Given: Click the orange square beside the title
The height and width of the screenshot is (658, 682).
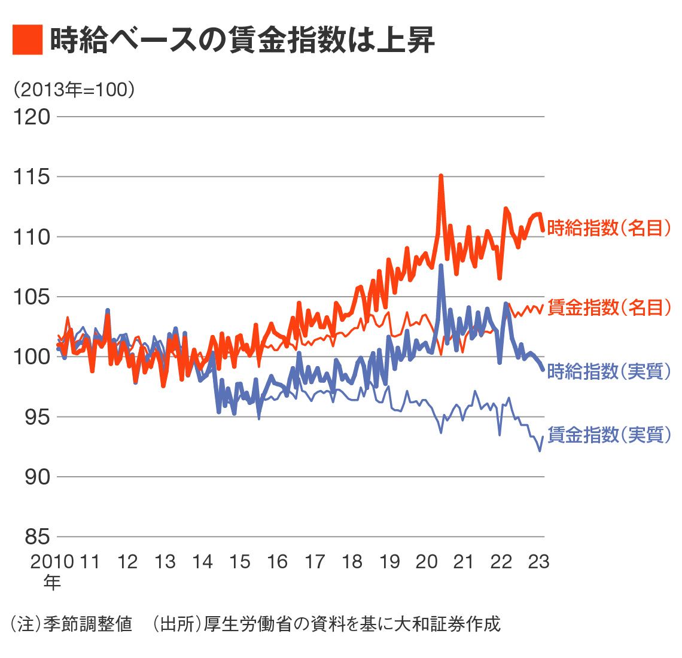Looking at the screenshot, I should tap(28, 40).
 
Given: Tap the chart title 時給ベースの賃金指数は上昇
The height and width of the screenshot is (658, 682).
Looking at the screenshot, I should tap(242, 40).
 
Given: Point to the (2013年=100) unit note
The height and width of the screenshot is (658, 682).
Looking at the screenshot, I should tap(74, 90).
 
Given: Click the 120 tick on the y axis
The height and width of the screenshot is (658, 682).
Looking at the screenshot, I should tap(32, 117).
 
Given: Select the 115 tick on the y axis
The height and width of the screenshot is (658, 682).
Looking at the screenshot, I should tap(32, 177).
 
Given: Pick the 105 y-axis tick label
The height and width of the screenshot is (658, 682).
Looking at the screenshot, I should tap(32, 297).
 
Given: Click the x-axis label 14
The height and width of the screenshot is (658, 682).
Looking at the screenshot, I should tap(202, 562).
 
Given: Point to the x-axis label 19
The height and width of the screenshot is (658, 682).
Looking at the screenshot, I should tap(389, 562).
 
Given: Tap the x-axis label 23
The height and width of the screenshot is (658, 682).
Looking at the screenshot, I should tap(538, 562).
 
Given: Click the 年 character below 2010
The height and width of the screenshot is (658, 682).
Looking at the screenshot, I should tap(52, 582).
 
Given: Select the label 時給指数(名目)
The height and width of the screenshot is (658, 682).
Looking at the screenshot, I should tap(609, 228).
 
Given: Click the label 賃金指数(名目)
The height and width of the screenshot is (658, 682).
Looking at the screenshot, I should tap(609, 307).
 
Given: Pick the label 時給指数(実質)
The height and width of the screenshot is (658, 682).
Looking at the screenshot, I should tap(609, 371).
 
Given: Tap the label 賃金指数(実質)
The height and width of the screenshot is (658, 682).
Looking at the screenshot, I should tap(609, 435).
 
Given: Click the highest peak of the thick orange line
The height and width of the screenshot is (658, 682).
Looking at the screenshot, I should tap(441, 176).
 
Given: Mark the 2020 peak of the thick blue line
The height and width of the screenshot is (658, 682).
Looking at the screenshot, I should tap(441, 266).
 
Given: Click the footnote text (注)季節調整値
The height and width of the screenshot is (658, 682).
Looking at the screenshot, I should tap(72, 624).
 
